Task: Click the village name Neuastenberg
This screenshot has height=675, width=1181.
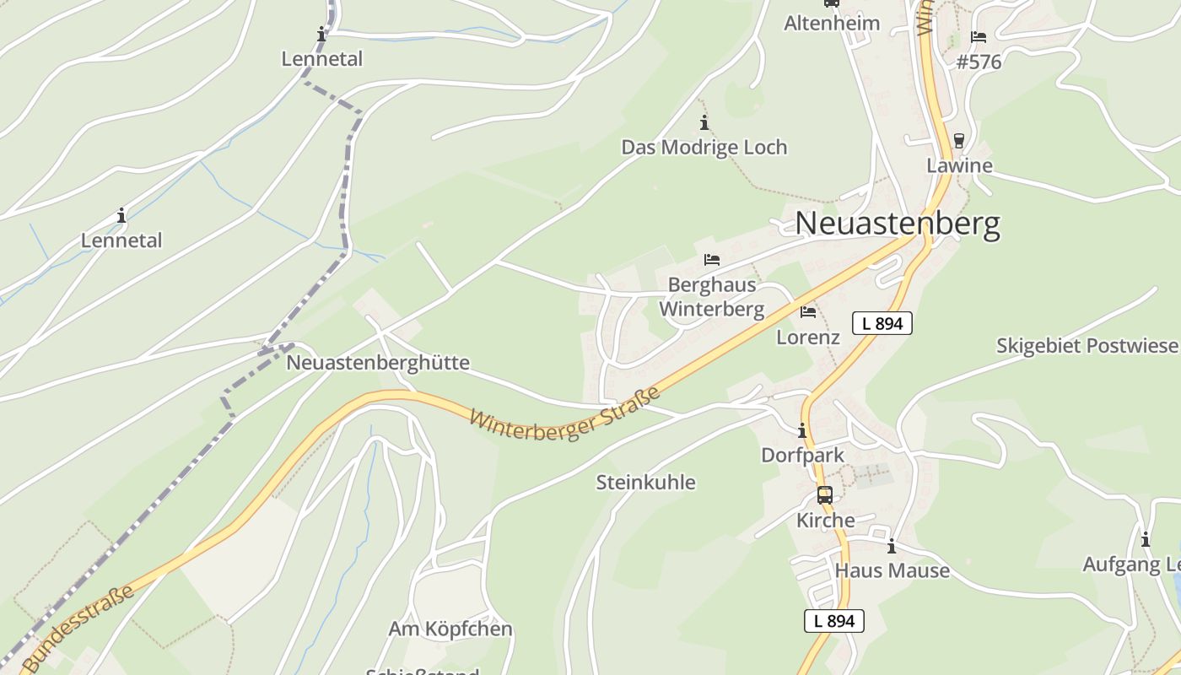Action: point(898,224)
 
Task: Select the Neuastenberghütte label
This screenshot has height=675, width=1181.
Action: point(378,363)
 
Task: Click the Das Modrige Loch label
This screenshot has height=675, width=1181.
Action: point(704,147)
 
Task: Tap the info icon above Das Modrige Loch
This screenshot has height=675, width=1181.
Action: point(704,123)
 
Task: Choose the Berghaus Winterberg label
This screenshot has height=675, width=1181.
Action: point(711,296)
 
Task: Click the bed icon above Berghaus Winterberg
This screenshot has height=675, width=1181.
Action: point(712,260)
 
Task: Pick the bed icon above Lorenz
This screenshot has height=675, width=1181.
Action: point(808,312)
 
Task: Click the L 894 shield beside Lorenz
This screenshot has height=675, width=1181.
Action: point(882,323)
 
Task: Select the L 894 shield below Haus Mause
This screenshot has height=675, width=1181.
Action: point(834,621)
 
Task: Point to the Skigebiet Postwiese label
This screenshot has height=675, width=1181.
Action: point(1087,346)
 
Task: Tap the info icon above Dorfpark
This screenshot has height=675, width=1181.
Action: point(802,430)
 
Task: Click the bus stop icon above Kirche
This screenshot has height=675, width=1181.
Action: point(825,495)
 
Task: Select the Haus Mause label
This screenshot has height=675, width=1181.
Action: point(892,571)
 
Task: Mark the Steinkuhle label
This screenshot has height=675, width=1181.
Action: point(646,483)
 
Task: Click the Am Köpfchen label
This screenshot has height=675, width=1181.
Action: point(450,629)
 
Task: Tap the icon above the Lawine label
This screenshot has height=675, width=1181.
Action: point(959,141)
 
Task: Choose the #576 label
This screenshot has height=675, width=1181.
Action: point(979,62)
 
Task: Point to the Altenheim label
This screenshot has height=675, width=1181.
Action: point(832,23)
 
